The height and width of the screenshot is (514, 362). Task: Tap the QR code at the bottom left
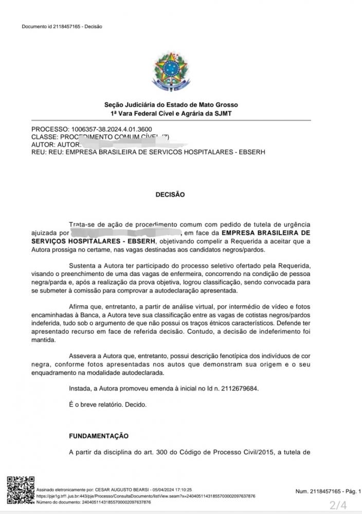[x=19, y=490]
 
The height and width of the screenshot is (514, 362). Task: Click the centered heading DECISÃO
[x=170, y=195]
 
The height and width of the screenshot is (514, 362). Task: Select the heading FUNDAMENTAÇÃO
[x=98, y=436]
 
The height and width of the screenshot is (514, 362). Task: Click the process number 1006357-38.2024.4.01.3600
[x=108, y=129]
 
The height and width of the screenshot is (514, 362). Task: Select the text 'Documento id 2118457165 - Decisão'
[x=62, y=27]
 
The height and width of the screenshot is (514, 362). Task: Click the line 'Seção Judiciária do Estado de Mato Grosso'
[x=171, y=105]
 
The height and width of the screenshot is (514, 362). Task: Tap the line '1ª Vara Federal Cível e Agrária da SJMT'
[x=171, y=113]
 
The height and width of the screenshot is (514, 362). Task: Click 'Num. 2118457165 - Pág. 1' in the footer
[x=328, y=491]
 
